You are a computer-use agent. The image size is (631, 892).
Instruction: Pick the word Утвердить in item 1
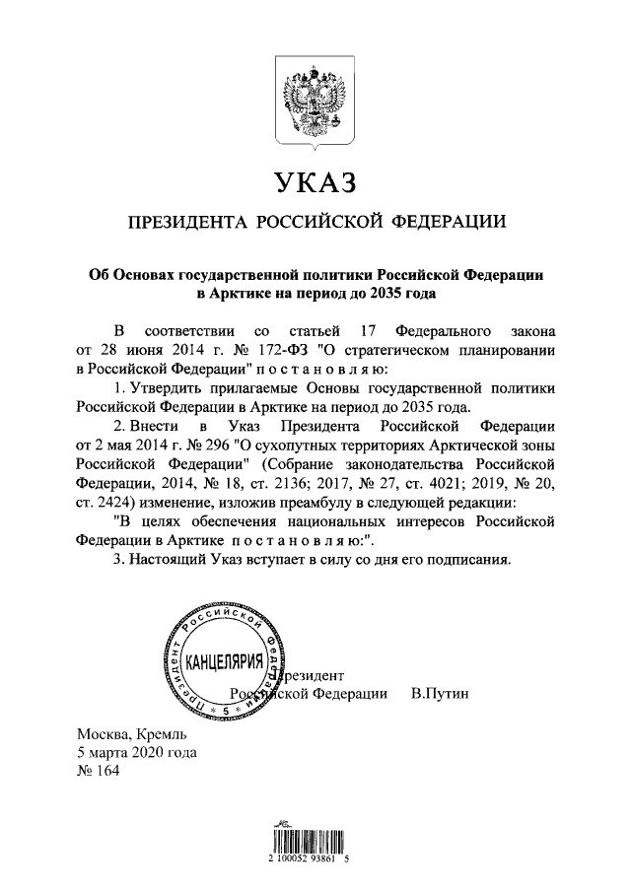click(x=165, y=388)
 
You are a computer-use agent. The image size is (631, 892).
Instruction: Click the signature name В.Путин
click(x=439, y=694)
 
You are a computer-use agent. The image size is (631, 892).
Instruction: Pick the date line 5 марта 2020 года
click(x=136, y=752)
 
